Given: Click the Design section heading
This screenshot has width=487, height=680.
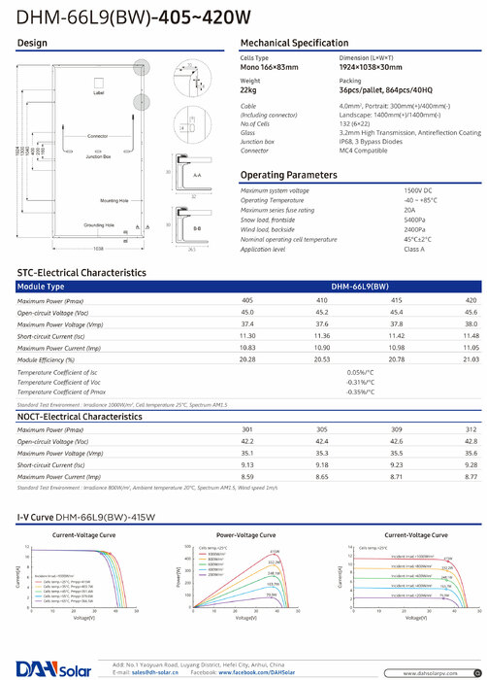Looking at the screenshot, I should (33, 45).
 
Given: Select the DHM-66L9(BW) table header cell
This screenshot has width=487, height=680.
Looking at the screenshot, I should (360, 288).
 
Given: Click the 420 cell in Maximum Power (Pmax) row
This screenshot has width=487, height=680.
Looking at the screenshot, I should (471, 301).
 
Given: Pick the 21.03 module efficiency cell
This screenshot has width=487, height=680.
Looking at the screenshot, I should (471, 359).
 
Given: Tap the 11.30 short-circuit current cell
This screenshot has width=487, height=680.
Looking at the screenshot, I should (247, 336).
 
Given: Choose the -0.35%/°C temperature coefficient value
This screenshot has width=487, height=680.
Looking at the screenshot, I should (361, 391).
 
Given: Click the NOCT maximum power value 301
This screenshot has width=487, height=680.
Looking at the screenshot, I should (247, 429).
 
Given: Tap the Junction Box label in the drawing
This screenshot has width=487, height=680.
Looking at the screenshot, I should (98, 154).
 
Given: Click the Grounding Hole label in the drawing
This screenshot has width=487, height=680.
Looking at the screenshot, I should (98, 225).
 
